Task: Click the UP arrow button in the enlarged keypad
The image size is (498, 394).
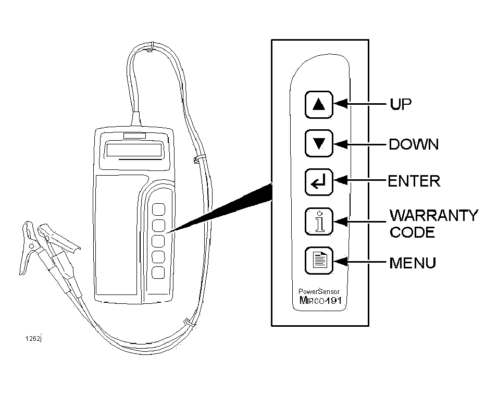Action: [319, 105]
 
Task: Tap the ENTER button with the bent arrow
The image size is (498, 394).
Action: [319, 182]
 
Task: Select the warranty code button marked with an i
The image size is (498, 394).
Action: [319, 221]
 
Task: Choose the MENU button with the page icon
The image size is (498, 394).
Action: [319, 260]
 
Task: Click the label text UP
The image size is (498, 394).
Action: [401, 104]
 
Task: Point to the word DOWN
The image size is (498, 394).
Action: [414, 144]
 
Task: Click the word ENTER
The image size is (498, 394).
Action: [414, 181]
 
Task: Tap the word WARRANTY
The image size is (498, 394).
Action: [433, 215]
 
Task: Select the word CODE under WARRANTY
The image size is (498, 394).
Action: [412, 232]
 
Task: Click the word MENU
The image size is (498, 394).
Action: [413, 263]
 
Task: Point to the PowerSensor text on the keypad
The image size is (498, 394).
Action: [319, 291]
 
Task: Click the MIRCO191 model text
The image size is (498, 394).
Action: [320, 300]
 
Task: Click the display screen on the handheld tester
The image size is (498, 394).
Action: [134, 150]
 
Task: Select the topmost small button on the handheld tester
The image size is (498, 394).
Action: [158, 210]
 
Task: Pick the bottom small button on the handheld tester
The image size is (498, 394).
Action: [158, 273]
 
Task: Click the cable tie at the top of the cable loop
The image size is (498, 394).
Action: [151, 47]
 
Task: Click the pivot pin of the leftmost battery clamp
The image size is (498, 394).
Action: [31, 246]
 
